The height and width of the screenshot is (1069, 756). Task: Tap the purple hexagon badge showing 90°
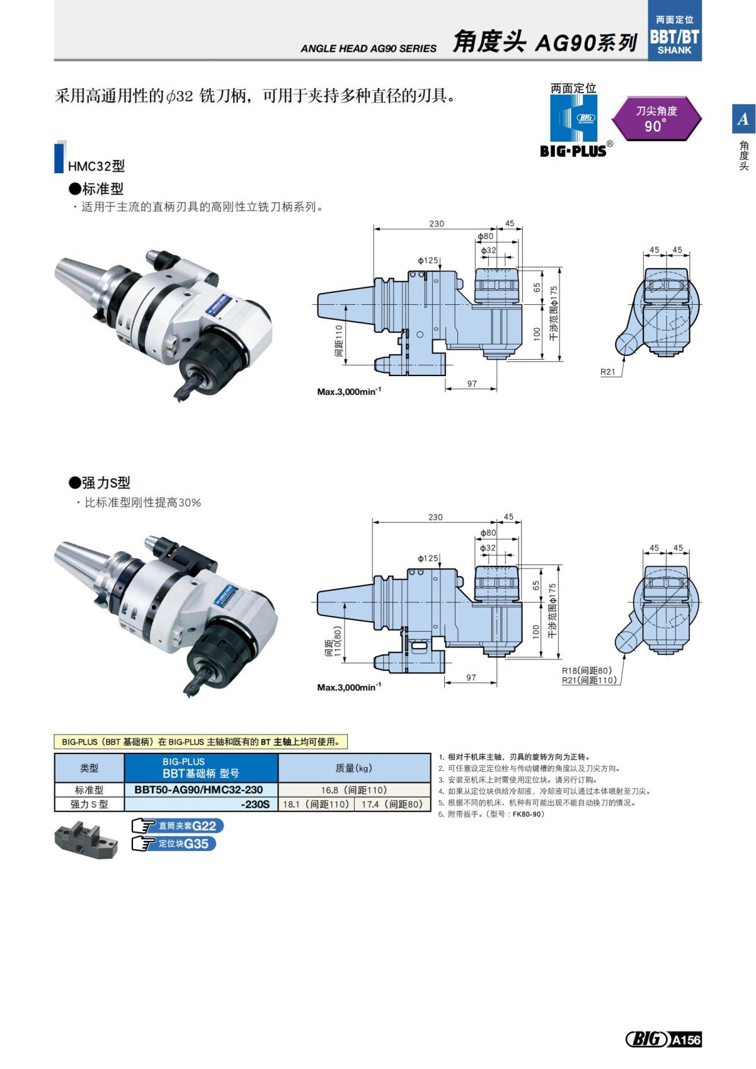(656, 118)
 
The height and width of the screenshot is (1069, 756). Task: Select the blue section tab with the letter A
(743, 118)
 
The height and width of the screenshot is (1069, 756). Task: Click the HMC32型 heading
(96, 166)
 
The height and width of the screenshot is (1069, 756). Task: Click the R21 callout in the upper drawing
(607, 372)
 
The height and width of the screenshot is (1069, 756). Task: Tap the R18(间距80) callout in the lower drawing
(587, 670)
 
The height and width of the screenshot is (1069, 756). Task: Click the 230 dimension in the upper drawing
(437, 224)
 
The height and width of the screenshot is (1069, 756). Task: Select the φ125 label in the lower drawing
(428, 558)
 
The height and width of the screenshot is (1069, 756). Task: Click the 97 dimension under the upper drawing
(472, 384)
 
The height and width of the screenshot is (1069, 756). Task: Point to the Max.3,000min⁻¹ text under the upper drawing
(349, 392)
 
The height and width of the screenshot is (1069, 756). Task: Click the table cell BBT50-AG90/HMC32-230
(198, 789)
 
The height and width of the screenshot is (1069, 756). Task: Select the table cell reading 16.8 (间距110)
(353, 789)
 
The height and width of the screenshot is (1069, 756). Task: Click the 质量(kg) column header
(353, 768)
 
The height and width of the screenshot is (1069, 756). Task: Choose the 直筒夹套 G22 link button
(178, 826)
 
